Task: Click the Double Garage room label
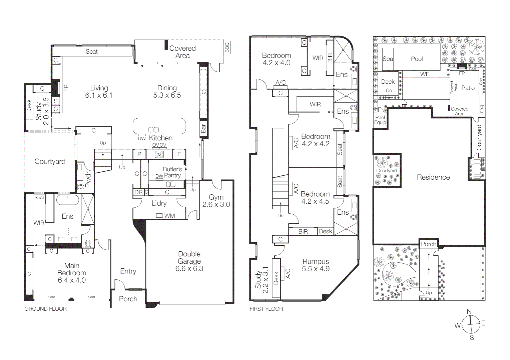pos(189,258)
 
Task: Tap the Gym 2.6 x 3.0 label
pos(216,201)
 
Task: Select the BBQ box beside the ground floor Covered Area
pos(227,47)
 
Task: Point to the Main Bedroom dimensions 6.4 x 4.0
pos(72,280)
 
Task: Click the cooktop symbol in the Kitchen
pos(159,154)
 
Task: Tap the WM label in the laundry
pos(169,216)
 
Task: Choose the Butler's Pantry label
pos(172,172)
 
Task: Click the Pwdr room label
pos(88,180)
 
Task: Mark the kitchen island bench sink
pos(153,130)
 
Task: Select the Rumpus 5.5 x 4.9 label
pos(316,265)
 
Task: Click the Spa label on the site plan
pos(388,59)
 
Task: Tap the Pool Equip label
pos(380,120)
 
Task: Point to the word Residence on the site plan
pos(433,177)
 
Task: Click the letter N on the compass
pos(469,311)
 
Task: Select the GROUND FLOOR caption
pos(46,309)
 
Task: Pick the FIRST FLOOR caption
pos(266,309)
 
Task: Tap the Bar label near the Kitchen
pos(203,129)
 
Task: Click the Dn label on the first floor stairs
pos(281,215)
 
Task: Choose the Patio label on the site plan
pos(468,88)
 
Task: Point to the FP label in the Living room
pos(66,88)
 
